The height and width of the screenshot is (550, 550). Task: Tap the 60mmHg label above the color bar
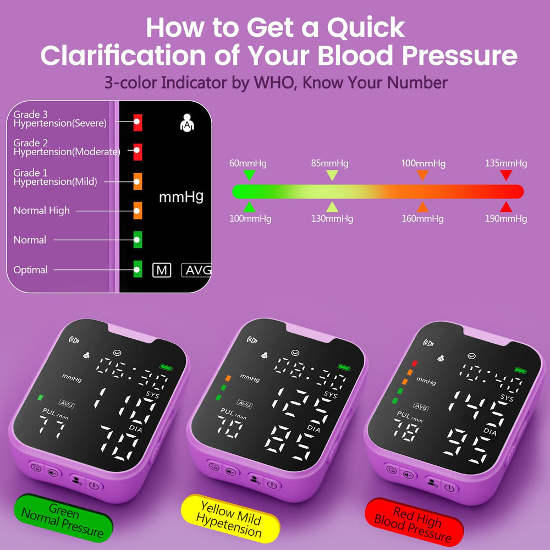(x=248, y=163)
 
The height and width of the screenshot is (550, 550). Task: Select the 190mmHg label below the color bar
(x=506, y=219)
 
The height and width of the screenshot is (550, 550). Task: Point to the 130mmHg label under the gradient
(x=332, y=219)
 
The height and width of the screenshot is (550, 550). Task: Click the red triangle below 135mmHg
(x=506, y=175)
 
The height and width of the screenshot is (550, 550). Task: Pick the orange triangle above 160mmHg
(x=422, y=207)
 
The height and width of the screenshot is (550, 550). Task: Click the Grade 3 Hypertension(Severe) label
(x=60, y=119)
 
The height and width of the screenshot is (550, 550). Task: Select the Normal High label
(x=41, y=211)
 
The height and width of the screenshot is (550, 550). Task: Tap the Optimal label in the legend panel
(x=30, y=269)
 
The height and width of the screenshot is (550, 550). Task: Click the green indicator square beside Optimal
(x=137, y=269)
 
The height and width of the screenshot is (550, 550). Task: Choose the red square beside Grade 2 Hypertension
(x=137, y=152)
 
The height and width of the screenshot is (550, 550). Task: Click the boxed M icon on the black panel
(x=162, y=270)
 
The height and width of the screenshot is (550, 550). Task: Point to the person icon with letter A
(x=187, y=123)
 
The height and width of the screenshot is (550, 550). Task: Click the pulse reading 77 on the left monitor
(x=52, y=427)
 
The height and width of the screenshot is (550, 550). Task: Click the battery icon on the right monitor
(x=520, y=370)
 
